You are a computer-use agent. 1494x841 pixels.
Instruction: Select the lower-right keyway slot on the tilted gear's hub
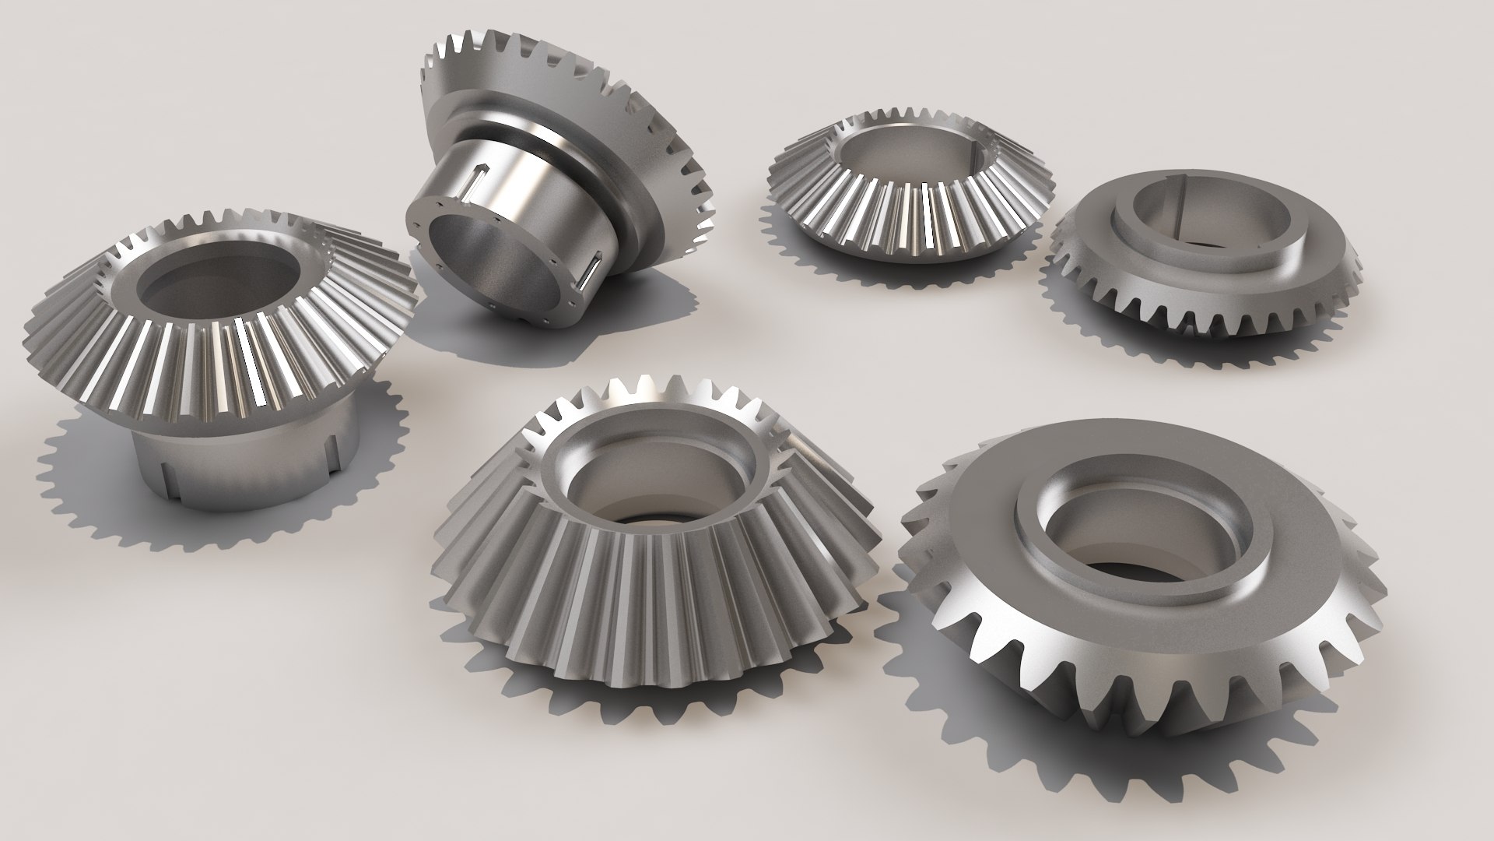pyautogui.click(x=591, y=272)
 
